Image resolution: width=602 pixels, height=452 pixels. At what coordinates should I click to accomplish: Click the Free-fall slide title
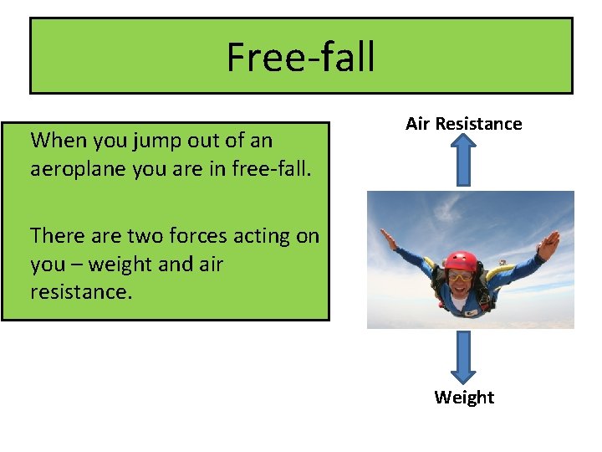pos(300,57)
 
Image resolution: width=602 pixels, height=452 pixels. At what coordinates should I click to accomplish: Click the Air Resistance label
pos(463,124)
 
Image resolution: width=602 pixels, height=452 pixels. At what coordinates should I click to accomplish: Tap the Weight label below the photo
pos(464,398)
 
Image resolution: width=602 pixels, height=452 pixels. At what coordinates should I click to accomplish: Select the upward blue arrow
pos(464,160)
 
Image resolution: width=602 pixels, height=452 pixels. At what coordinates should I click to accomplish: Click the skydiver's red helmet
pos(461,260)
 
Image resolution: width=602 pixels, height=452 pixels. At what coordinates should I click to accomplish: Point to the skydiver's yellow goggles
pos(460,275)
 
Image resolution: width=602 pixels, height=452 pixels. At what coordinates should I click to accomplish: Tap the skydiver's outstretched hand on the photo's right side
pos(548,245)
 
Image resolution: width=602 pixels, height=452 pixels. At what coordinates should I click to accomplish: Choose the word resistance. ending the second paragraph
pos(81,292)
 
